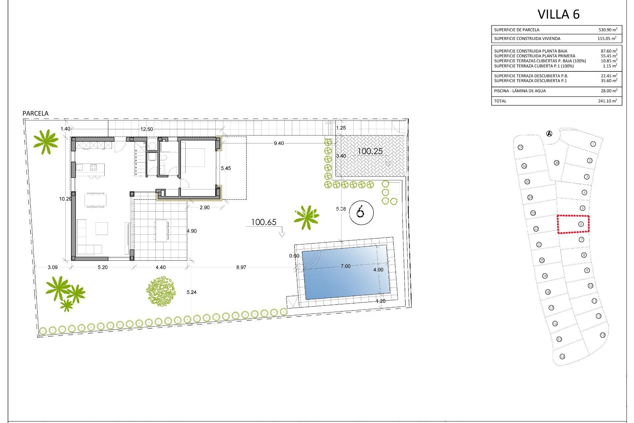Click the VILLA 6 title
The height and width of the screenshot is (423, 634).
558,14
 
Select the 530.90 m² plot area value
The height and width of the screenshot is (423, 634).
608,30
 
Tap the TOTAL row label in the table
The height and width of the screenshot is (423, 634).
500,101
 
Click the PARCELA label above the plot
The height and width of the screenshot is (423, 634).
35,113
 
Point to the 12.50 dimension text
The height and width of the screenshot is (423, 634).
147,129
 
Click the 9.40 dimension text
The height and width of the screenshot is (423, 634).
279,143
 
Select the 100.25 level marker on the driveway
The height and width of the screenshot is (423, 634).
370,151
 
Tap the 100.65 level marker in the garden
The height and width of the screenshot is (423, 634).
264,222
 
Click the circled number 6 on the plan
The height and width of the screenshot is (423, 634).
361,212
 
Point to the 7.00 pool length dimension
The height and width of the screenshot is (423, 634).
345,266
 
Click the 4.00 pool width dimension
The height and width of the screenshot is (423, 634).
378,270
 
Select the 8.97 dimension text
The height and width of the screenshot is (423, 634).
241,267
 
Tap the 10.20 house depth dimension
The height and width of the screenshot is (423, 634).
65,199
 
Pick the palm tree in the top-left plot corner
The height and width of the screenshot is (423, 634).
46,141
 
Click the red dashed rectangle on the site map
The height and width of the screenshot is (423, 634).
573,224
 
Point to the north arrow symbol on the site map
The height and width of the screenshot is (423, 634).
549,134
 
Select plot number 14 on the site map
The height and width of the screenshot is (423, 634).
562,356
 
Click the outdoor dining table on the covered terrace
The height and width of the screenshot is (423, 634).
161,230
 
